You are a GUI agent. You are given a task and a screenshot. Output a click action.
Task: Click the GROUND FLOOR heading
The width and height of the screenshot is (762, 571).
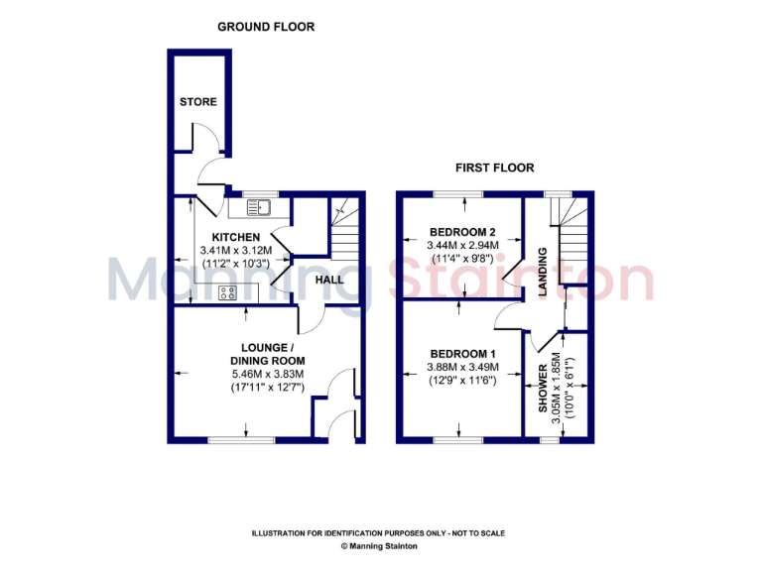(266, 27)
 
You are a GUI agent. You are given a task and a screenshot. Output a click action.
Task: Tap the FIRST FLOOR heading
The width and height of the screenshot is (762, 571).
(494, 168)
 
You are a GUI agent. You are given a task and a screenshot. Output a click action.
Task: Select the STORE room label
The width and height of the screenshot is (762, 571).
(198, 102)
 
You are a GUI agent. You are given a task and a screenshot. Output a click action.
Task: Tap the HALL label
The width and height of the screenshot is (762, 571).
(328, 281)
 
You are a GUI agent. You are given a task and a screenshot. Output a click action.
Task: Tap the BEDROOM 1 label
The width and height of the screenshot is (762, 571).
(462, 354)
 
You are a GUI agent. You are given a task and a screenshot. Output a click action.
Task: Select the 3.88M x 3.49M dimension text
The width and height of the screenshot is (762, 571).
(462, 368)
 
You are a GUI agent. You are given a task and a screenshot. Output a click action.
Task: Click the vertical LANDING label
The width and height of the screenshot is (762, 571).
(543, 271)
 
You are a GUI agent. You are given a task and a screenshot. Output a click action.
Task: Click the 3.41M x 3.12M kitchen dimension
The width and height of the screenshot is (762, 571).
(235, 251)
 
